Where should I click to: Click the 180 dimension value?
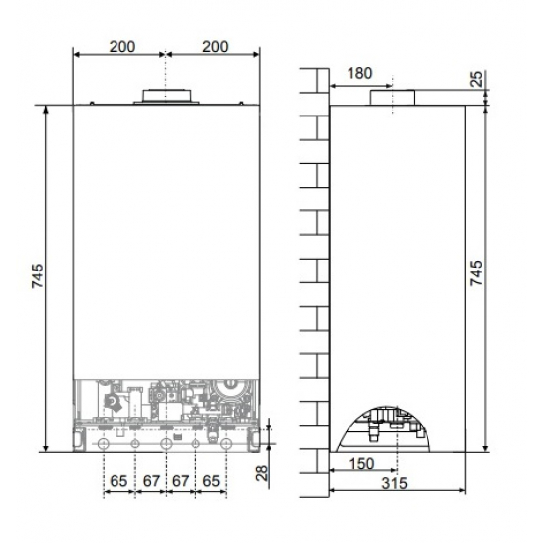360,73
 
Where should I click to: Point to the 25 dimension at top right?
478,78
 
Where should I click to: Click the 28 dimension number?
261,472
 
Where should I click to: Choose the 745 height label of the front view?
37,272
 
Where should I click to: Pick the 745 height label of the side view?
478,272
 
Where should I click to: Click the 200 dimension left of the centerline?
119,46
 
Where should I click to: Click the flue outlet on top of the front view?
166,96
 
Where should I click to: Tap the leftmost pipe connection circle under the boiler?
103,444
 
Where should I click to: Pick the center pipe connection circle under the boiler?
165,444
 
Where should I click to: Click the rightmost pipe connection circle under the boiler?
227,444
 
